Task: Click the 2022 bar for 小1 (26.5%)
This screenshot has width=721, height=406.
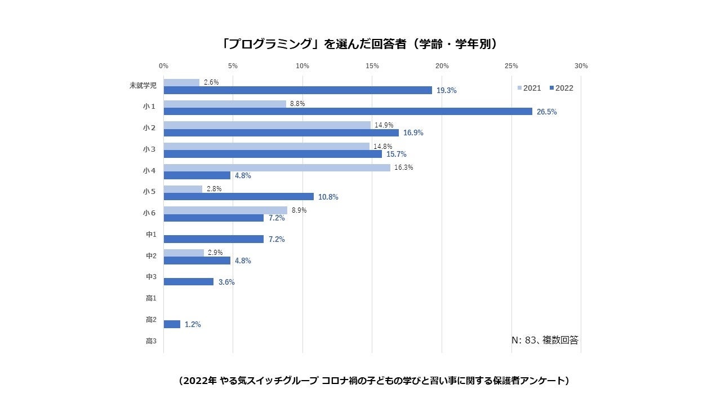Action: [x=348, y=112]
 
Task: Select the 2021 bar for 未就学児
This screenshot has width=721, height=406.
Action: [x=181, y=82]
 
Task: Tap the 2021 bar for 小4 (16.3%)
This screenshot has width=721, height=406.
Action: [x=277, y=167]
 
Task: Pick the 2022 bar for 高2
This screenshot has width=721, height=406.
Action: [x=172, y=324]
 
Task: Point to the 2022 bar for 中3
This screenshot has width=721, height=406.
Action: [x=188, y=281]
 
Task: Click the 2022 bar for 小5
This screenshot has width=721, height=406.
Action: [x=238, y=197]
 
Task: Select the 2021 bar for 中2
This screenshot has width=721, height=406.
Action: [x=184, y=253]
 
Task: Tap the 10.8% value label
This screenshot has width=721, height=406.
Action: [x=328, y=197]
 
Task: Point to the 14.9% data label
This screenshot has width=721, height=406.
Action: [x=384, y=125]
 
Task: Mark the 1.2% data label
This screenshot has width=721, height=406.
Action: [x=193, y=325]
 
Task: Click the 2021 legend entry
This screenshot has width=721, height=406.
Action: [x=529, y=88]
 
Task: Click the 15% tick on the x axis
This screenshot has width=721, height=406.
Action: [x=372, y=66]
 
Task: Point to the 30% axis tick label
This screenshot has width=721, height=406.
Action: [x=581, y=66]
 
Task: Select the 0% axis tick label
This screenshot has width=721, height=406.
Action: [x=163, y=66]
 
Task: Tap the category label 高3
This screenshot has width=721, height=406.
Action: [x=150, y=341]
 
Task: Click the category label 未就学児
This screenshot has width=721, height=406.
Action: [x=143, y=86]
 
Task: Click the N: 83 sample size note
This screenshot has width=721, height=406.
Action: [x=544, y=340]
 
